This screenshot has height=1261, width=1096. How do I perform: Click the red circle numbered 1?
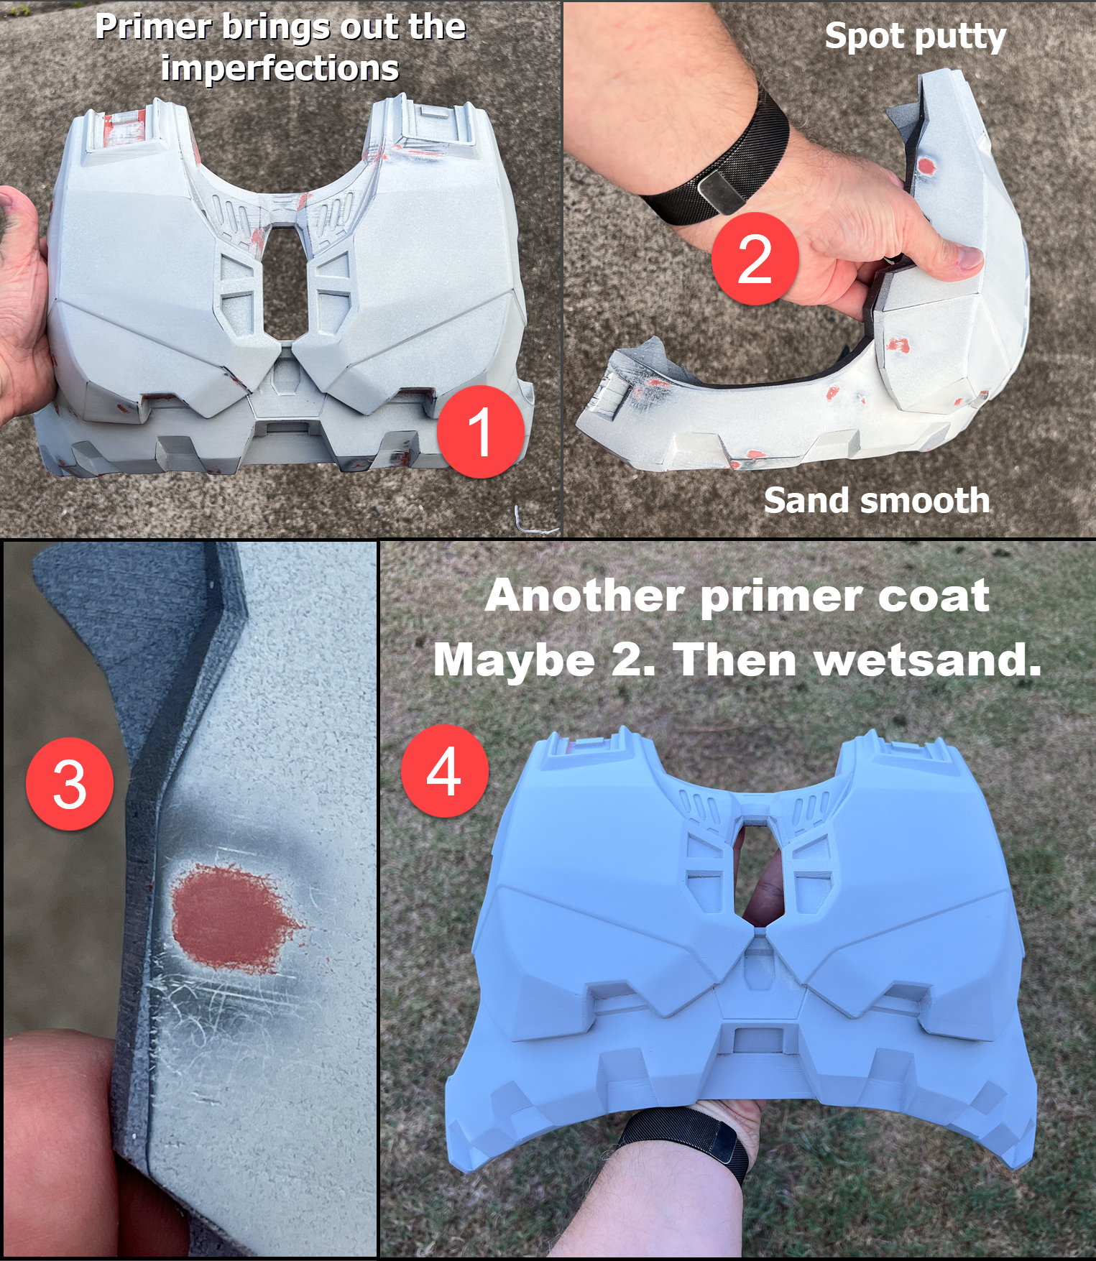pos(481,431)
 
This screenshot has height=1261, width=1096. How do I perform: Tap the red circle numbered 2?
pos(755,259)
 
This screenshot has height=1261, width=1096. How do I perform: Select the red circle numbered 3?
pos(70,783)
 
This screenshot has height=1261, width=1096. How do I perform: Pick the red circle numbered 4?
pos(445,771)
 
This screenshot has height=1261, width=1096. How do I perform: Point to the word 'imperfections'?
pos(280,69)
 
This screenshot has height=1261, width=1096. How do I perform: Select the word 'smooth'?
pos(921,500)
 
